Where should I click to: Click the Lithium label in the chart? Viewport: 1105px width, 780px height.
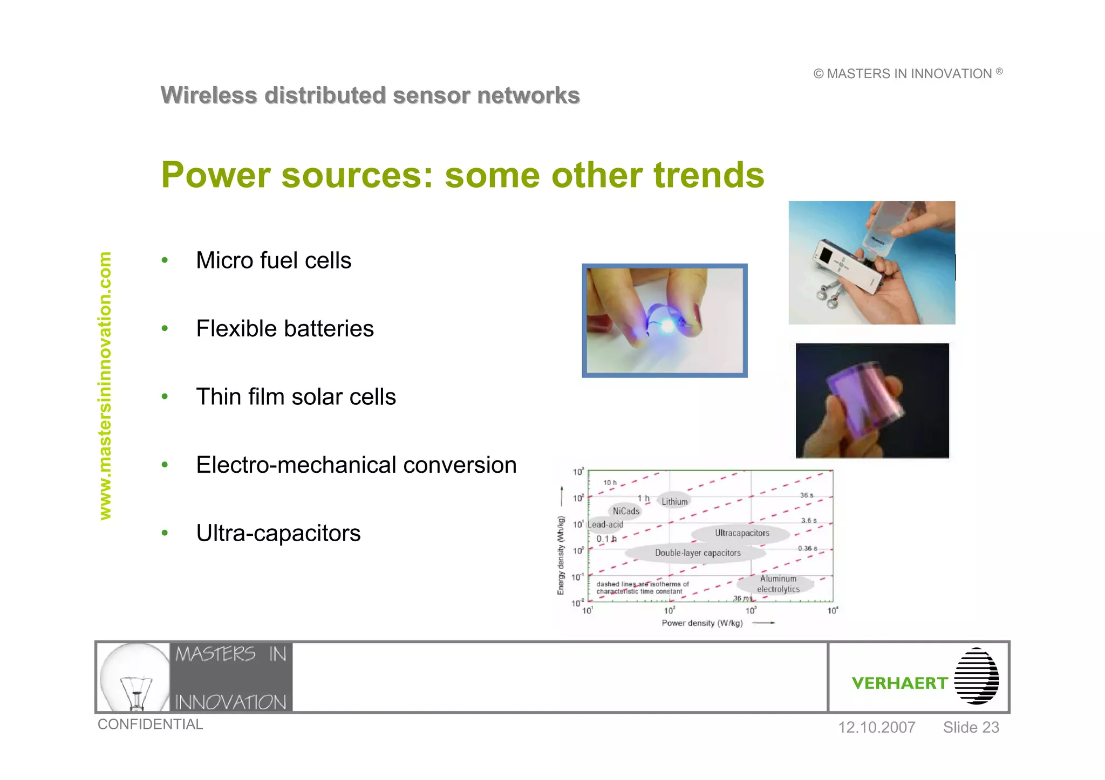tap(674, 501)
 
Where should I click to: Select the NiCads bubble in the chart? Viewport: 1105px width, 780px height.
tap(626, 511)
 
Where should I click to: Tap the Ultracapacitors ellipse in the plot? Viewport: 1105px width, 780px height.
tap(742, 533)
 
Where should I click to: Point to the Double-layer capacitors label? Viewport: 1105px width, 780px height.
tap(698, 553)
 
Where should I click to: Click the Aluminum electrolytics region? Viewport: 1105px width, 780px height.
tap(778, 584)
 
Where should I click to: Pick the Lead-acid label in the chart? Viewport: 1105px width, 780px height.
tap(605, 524)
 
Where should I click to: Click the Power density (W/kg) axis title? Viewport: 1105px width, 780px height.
tap(702, 623)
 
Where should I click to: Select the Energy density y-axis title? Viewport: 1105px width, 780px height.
tap(561, 555)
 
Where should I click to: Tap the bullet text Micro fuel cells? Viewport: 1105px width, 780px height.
tap(274, 261)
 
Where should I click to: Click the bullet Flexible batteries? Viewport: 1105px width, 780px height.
tap(285, 329)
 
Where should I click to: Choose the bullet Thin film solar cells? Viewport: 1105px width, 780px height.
tap(296, 397)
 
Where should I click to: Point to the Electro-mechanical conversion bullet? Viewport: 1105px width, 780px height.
tap(356, 465)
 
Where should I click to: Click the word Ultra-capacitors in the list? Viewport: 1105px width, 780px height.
tap(278, 534)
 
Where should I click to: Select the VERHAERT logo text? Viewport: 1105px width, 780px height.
tap(899, 684)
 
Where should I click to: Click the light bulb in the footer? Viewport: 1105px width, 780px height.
tap(135, 677)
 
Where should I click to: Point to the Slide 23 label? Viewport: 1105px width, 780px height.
tap(971, 728)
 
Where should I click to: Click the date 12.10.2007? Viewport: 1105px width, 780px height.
tap(876, 728)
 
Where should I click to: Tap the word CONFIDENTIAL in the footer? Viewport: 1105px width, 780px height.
tap(150, 724)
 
